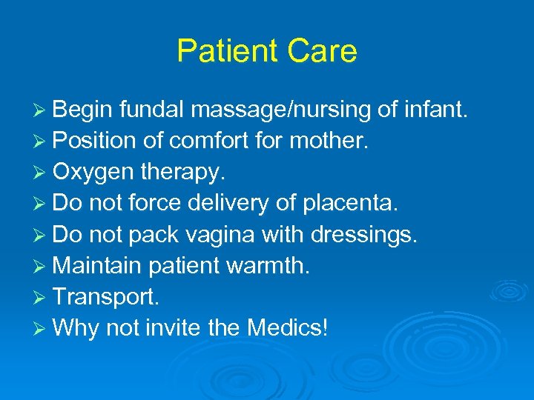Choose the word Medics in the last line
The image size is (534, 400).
coord(285,328)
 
